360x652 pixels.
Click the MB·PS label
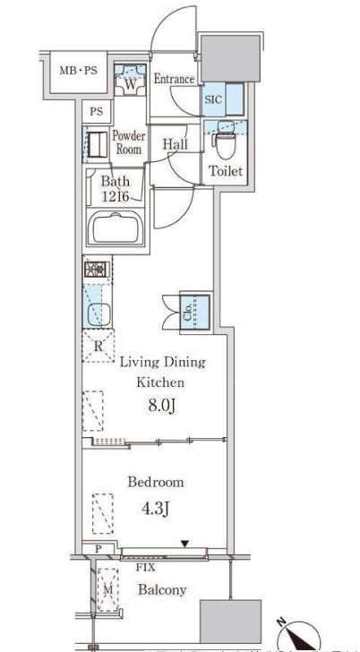pyautogui.click(x=78, y=70)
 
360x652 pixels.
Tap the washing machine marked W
pyautogui.click(x=130, y=81)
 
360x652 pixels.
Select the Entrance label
pyautogui.click(x=175, y=79)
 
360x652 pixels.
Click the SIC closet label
pyautogui.click(x=214, y=99)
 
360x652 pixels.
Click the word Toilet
pyautogui.click(x=226, y=171)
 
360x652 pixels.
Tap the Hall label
pyautogui.click(x=175, y=144)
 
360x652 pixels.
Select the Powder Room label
pyautogui.click(x=129, y=142)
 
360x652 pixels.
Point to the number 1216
pyautogui.click(x=116, y=195)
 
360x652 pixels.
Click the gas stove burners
pyautogui.click(x=98, y=270)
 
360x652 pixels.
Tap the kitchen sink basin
pyautogui.click(x=99, y=314)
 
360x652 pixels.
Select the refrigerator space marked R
pyautogui.click(x=99, y=346)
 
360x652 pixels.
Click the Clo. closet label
pyautogui.click(x=187, y=313)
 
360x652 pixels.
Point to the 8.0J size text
pyautogui.click(x=161, y=405)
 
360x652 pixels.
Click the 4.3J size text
pyautogui.click(x=156, y=509)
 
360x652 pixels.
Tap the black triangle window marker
pyautogui.click(x=185, y=543)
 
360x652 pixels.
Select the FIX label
pyautogui.click(x=146, y=567)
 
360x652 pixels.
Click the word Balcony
pyautogui.click(x=162, y=589)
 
